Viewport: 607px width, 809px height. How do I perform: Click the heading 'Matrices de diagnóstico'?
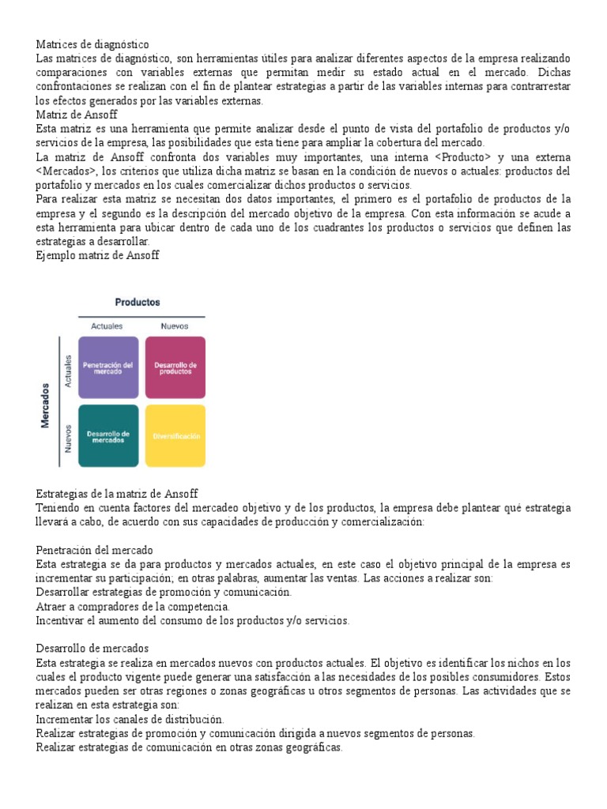click(92, 45)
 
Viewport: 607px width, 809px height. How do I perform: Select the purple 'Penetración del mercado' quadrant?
click(108, 367)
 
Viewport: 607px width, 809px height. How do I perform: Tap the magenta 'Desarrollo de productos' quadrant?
click(175, 367)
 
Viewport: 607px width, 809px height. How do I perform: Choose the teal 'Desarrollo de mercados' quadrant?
click(108, 436)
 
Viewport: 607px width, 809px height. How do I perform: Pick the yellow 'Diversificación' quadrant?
click(175, 436)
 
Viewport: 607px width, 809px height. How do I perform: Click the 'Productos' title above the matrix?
click(138, 302)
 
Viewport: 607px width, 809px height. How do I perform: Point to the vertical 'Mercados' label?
click(46, 406)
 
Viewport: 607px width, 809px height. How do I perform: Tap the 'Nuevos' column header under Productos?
click(175, 325)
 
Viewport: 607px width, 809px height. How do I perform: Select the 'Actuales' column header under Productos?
click(107, 325)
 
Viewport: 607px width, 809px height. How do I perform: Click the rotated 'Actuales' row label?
click(69, 370)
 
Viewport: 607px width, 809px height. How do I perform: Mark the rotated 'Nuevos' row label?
click(69, 438)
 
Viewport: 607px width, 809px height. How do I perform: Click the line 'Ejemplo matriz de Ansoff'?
click(98, 256)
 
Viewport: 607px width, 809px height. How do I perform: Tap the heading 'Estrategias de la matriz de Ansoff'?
click(117, 494)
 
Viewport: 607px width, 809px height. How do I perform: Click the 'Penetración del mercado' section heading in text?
click(95, 550)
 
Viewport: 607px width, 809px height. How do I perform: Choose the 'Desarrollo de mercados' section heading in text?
click(93, 649)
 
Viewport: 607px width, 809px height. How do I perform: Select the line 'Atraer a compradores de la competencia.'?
click(133, 607)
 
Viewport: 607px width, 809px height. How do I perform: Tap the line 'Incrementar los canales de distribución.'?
click(130, 720)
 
